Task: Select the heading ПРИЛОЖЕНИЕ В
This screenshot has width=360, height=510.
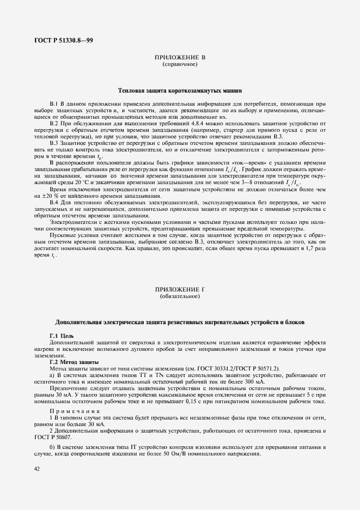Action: [180, 57]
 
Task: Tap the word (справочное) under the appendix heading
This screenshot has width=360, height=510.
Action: [180, 64]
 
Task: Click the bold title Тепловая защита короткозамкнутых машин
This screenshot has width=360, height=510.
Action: [180, 90]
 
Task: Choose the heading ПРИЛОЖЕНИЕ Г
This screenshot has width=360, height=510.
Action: [180, 289]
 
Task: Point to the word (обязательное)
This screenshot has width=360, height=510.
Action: [180, 296]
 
